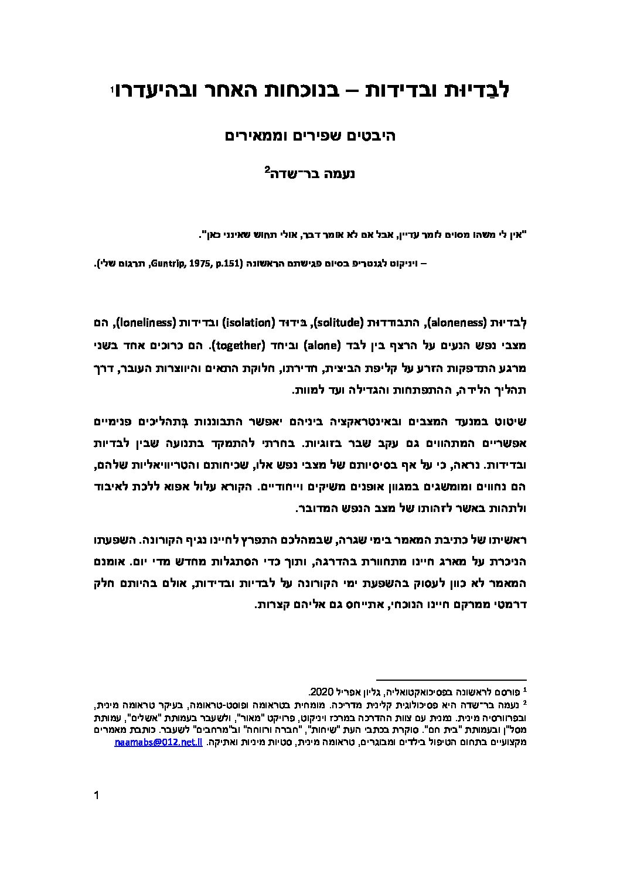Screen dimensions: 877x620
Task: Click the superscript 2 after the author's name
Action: click(267, 170)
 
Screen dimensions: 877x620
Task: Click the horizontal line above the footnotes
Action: click(451, 679)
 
